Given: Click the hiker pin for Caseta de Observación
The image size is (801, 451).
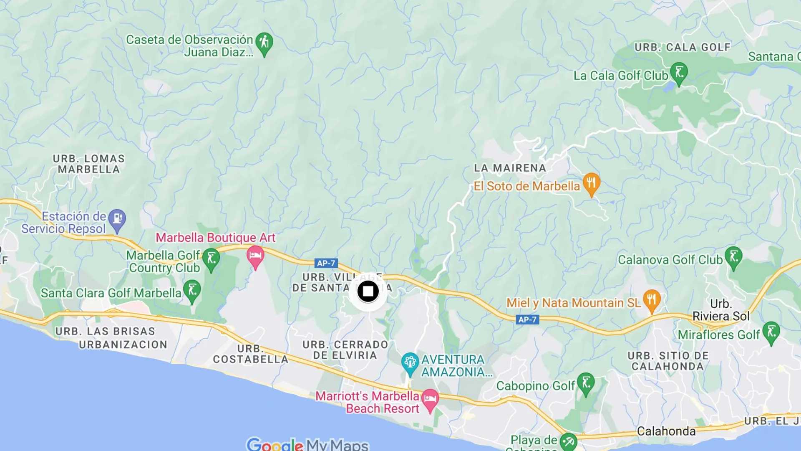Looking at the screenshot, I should point(264,43).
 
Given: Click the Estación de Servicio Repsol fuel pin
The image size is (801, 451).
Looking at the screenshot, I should point(117,219).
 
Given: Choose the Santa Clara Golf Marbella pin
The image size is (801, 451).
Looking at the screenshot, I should point(192,290).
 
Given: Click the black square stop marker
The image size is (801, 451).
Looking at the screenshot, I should point(368,291).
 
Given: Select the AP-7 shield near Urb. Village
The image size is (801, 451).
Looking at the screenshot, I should point(326,263).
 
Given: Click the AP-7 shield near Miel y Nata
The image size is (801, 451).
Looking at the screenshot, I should point(527,319).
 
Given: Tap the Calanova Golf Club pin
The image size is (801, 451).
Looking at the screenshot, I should point(733,257).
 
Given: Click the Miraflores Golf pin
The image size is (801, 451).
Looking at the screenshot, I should point(771,332).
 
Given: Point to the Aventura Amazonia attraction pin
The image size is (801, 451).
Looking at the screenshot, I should point(410,363).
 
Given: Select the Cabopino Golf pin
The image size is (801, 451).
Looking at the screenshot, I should point(586,383).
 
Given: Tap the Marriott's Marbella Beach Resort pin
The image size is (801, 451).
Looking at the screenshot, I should point(430,399).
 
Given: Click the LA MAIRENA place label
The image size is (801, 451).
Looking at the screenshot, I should point(510,168).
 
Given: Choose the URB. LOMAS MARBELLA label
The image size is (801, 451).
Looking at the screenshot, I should point(88,164).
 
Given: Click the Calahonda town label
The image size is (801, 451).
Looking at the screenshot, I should point(666,431).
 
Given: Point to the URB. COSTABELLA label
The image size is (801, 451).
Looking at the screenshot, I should point(250,354).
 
